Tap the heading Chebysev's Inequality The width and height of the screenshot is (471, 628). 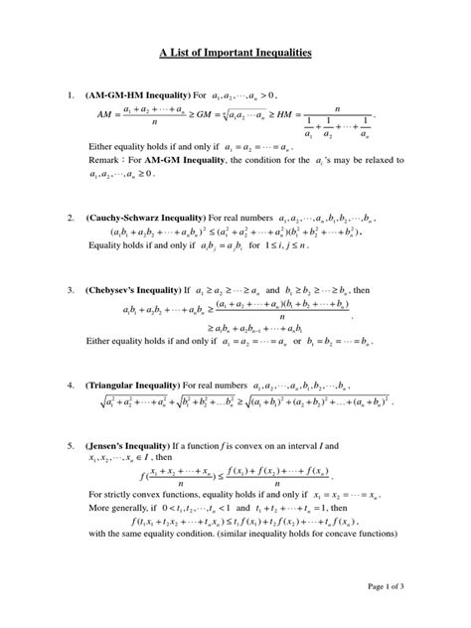click(138, 292)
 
